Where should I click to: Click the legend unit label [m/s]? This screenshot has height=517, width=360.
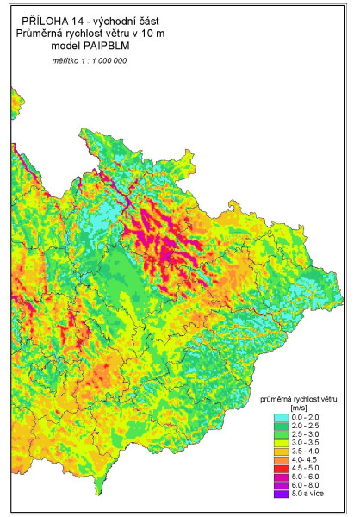(300, 408)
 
